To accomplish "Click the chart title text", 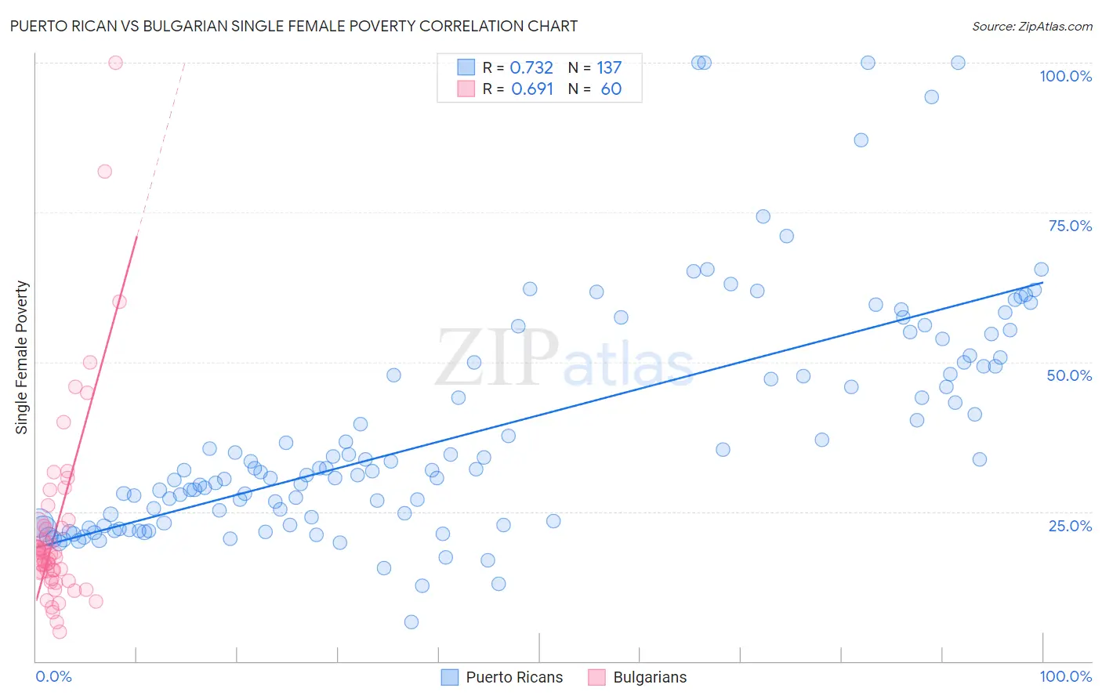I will (x=294, y=26).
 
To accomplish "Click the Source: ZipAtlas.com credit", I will (x=1031, y=26).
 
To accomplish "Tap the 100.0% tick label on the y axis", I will (x=1065, y=76).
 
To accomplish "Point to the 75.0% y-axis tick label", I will (x=1070, y=226).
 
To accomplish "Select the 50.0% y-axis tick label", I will (x=1069, y=375).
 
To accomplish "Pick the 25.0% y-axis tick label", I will (x=1070, y=525).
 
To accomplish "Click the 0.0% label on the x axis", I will (x=53, y=676).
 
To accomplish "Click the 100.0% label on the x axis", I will (x=1065, y=676).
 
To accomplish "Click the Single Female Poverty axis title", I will (x=22, y=357).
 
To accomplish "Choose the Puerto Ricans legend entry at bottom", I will (x=513, y=677).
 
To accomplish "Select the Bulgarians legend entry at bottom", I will (x=649, y=677).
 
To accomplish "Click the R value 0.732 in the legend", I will (x=531, y=68).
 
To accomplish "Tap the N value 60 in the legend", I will (x=611, y=89).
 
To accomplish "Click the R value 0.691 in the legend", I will (x=532, y=89).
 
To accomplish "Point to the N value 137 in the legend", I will (x=609, y=68).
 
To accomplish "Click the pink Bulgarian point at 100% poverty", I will (x=115, y=63).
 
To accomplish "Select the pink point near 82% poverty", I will (x=104, y=172).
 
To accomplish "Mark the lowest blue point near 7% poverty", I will (x=411, y=622).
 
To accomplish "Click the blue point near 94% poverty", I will (x=931, y=97).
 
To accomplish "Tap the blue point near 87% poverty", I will (x=861, y=140).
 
